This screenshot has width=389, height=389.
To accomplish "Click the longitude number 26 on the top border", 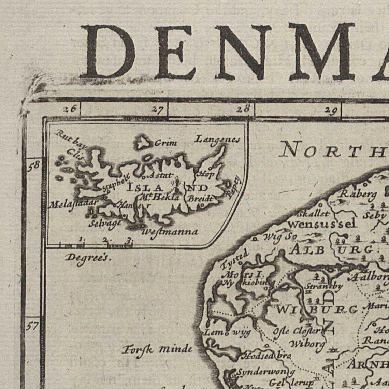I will coord(70,109).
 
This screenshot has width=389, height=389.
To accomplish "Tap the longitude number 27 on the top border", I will coord(157,110).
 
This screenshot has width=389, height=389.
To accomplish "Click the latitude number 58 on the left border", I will coord(33,165).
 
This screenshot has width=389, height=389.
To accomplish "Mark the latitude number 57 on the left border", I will coord(32,327).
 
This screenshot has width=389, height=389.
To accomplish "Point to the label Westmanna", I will coord(170,232).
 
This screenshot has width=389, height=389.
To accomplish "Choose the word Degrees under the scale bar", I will coord(88,258).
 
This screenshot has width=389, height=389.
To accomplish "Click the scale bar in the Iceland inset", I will coord(96,245).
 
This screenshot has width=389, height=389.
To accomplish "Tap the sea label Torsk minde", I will coord(157,349).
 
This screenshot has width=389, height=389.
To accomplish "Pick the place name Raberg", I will coord(358,194).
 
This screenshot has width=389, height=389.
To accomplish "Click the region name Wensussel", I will coord(322,224).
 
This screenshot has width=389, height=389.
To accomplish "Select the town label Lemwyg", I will coord(227,332).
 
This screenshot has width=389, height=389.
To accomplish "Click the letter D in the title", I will coord(108,52).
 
